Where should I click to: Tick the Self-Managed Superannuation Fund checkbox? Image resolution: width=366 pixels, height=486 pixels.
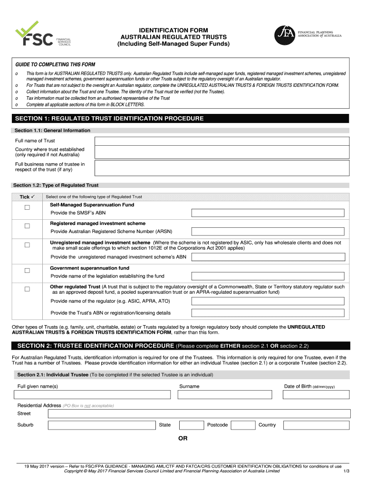(27, 208)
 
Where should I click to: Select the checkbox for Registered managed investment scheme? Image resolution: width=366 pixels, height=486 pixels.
(27, 226)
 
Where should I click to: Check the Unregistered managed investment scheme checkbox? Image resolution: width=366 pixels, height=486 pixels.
(27, 245)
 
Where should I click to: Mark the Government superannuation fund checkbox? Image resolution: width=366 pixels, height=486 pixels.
(27, 271)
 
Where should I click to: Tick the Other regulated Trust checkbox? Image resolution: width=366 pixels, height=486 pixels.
(27, 289)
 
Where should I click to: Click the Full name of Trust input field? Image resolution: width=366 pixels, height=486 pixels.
(222, 141)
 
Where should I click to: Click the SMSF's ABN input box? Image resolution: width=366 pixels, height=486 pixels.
(268, 213)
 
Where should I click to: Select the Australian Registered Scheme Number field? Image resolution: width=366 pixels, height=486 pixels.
(268, 232)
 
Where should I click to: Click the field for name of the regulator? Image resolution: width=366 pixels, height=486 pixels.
(268, 301)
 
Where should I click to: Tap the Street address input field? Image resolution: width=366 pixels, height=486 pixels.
(198, 414)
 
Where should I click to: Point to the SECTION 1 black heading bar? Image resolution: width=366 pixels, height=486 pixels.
(183, 119)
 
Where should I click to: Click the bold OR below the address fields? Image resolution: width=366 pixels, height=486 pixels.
(183, 439)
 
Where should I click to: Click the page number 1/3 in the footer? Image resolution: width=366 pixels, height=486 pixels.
(346, 471)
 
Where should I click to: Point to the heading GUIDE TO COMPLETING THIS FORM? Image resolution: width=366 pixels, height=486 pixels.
(55, 65)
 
